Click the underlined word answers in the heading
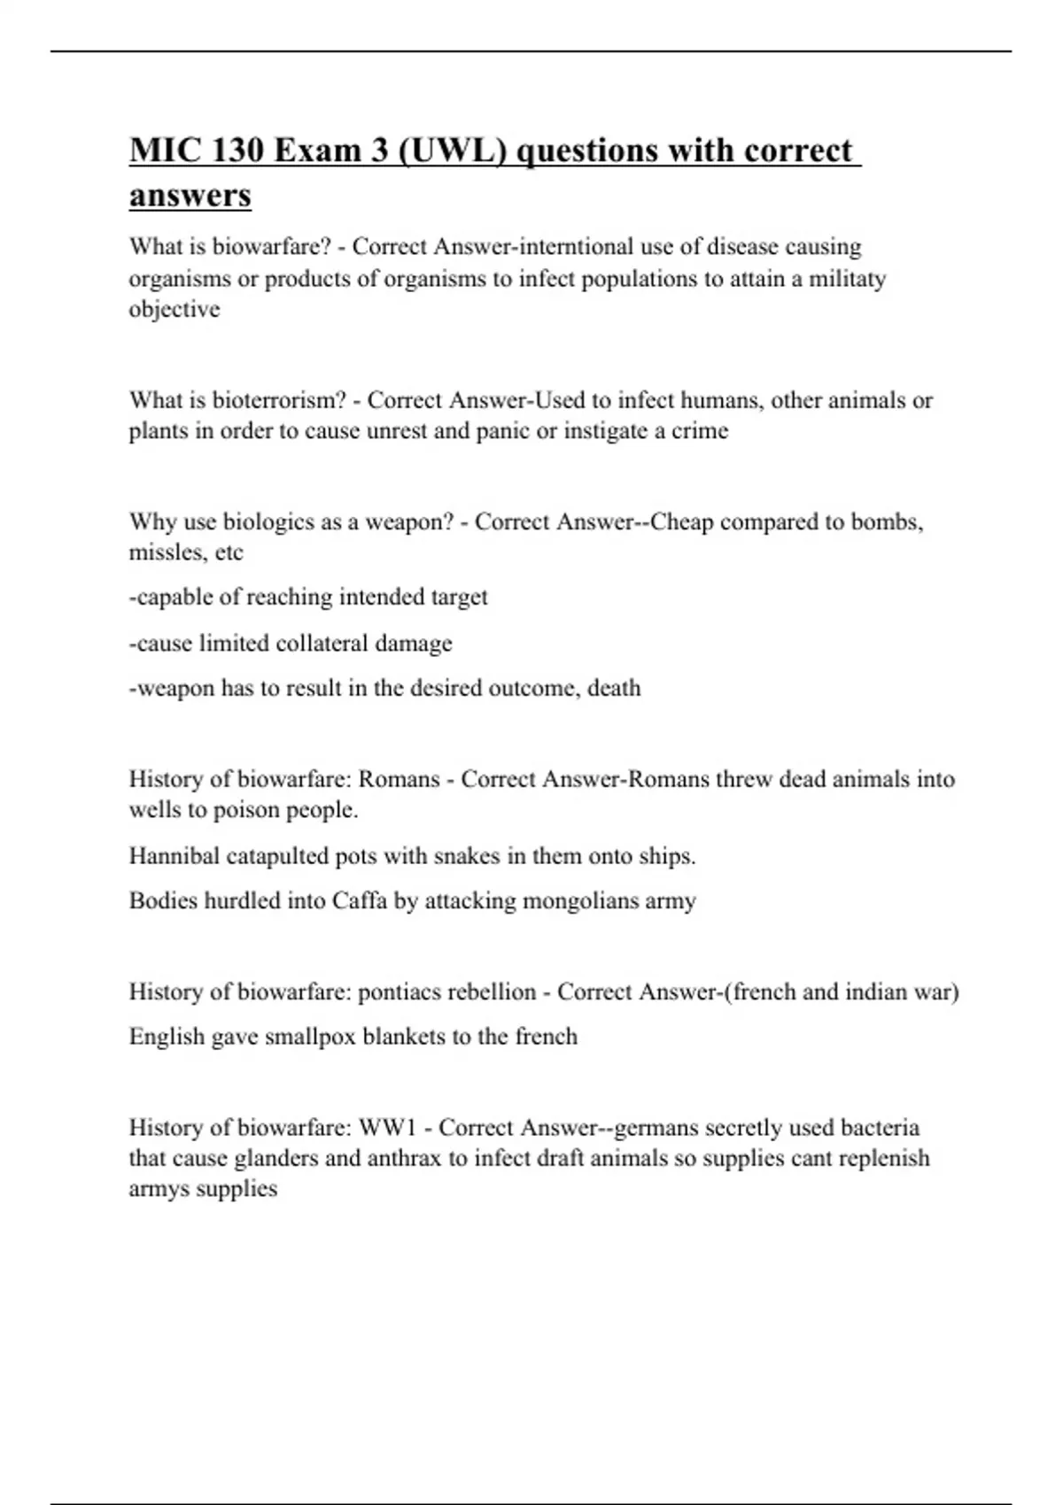pos(190,195)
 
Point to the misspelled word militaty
pos(847,279)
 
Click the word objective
pos(175,309)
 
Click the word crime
pos(700,431)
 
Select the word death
pos(614,688)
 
